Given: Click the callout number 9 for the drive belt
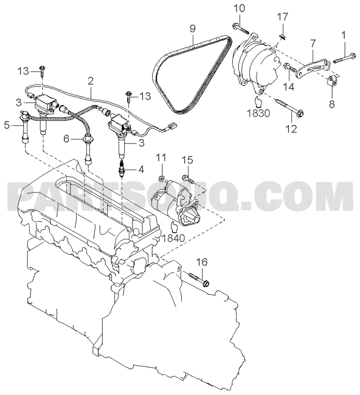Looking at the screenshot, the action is (x=192, y=28).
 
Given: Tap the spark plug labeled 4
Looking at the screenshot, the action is (x=122, y=168).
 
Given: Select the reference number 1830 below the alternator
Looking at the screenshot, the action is (x=258, y=114).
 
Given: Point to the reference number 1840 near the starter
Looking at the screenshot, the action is (x=173, y=238).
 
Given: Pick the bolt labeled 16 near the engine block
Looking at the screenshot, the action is (x=199, y=279).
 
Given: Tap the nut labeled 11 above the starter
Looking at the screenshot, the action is (x=162, y=178).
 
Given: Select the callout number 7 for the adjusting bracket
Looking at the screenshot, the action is (x=313, y=44).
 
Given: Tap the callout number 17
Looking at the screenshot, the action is (x=282, y=17).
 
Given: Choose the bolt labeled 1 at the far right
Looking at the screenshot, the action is (x=345, y=58).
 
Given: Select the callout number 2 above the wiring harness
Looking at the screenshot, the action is (x=91, y=81).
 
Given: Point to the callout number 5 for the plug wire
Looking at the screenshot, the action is (x=7, y=125).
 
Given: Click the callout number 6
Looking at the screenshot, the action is (x=66, y=139).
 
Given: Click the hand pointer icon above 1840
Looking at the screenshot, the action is (x=174, y=226).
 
